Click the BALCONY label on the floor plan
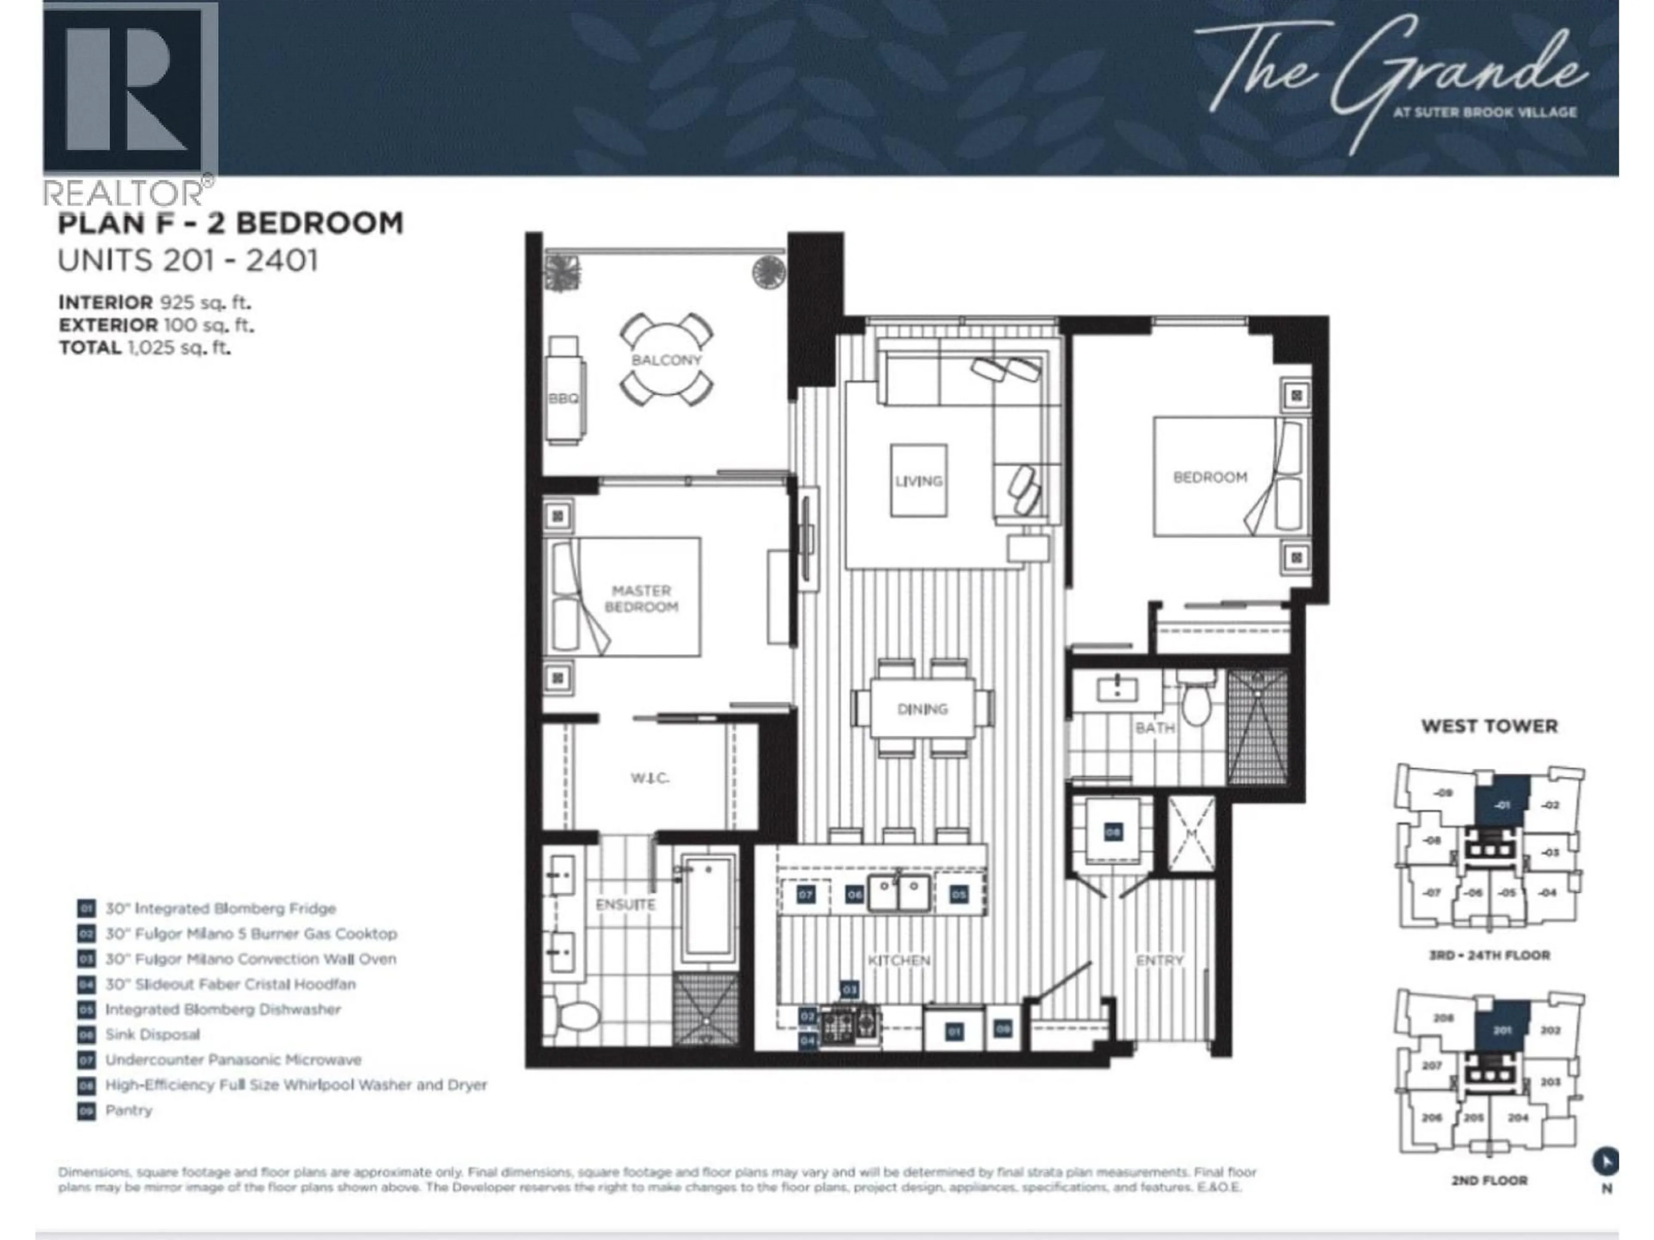tap(666, 360)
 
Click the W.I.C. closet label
tap(649, 778)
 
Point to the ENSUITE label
tap(625, 905)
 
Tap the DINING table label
tap(922, 709)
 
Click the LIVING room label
tap(918, 480)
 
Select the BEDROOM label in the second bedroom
tap(1209, 477)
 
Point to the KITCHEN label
tap(898, 960)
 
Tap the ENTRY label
tap(1159, 960)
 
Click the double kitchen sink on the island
tap(899, 893)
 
